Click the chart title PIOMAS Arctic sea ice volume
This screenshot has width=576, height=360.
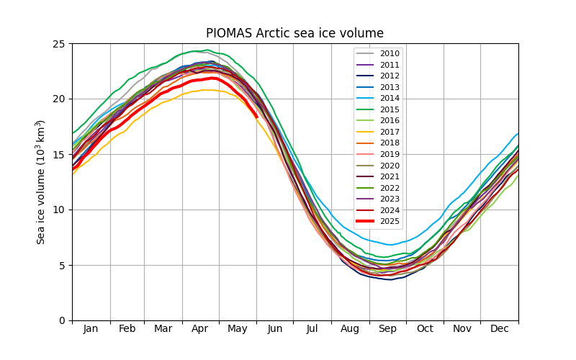(x=294, y=33)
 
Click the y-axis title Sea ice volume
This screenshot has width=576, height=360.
(x=42, y=181)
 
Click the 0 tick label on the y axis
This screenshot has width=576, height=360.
(x=62, y=320)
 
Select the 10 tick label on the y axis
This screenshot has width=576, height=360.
(x=59, y=210)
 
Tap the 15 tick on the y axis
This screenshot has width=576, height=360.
(x=59, y=155)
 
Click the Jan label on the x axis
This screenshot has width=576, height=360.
(x=91, y=329)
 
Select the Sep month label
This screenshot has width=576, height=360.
(x=387, y=329)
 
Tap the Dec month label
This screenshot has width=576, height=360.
(x=499, y=329)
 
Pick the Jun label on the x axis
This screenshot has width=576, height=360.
(x=275, y=329)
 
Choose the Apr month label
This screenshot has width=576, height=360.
(x=200, y=329)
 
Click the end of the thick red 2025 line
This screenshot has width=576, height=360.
(x=256, y=116)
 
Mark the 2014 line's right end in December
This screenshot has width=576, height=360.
(x=518, y=133)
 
